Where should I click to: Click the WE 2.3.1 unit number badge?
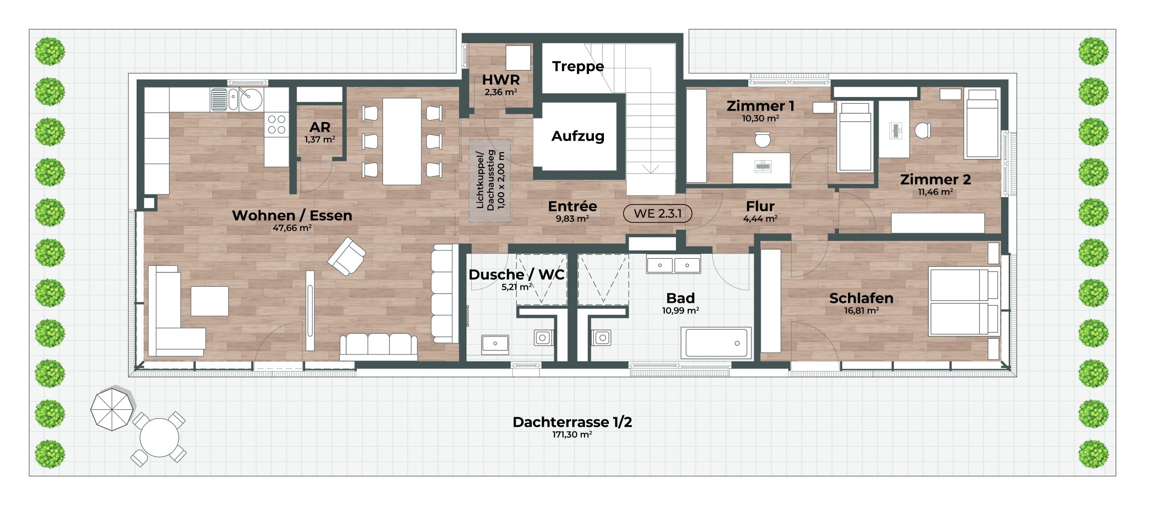[x=657, y=213]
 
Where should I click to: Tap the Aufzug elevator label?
[x=578, y=136]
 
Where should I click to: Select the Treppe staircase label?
[x=578, y=67]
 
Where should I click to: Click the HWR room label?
[x=501, y=80]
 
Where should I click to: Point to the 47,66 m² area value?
[x=292, y=228]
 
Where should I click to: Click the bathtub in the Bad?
[x=716, y=342]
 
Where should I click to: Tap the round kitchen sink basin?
[x=251, y=99]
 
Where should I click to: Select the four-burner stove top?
[x=276, y=124]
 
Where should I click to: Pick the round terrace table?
[x=159, y=438]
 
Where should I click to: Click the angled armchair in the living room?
[x=347, y=256]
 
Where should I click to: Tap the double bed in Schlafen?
[x=964, y=302]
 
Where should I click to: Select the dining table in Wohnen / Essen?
[x=402, y=141]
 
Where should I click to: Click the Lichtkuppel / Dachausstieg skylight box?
[x=490, y=181]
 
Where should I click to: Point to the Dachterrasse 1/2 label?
[x=572, y=422]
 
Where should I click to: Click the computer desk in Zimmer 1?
[x=761, y=168]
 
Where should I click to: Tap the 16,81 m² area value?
[x=861, y=311]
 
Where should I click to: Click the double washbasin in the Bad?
[x=673, y=264]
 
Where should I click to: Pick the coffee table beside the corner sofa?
[x=210, y=301]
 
